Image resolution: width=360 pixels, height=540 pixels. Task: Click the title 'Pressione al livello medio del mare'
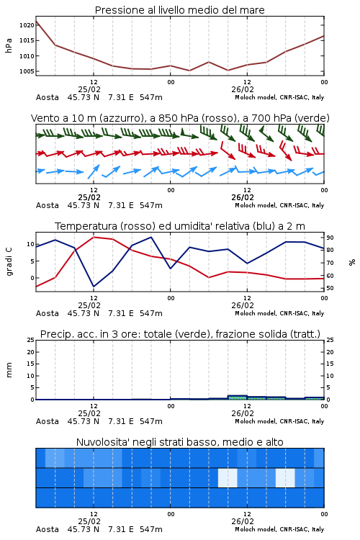point(179,10)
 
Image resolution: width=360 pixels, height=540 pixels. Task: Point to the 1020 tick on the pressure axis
point(27,25)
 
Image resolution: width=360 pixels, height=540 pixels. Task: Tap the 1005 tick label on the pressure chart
point(27,71)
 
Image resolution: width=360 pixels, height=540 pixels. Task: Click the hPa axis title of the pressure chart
point(9,45)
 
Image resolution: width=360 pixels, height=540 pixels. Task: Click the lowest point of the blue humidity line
point(94,287)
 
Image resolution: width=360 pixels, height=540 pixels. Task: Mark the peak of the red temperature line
point(94,237)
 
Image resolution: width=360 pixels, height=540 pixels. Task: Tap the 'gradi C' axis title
point(9,261)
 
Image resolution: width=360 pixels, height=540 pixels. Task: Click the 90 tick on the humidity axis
point(330,238)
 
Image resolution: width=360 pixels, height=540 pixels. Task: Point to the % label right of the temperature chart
point(352,262)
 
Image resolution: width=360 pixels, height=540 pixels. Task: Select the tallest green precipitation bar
point(238,397)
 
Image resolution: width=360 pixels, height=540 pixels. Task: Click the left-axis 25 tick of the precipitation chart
point(31,340)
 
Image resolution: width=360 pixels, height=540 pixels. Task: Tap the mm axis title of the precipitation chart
point(9,370)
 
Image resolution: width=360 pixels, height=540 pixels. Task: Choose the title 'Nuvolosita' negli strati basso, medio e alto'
point(179,442)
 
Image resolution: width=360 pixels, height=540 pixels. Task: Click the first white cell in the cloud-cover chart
point(228,477)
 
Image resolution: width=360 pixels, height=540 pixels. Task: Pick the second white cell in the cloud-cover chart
point(285,477)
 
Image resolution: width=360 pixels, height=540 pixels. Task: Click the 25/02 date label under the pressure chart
point(89,89)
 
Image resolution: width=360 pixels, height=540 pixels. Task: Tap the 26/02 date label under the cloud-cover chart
point(243,521)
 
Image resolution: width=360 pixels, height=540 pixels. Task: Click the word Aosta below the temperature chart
point(48,313)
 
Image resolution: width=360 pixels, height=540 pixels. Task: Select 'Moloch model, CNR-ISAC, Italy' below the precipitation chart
point(279,421)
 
